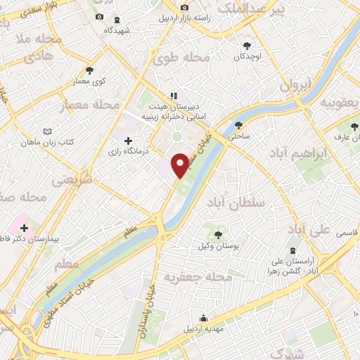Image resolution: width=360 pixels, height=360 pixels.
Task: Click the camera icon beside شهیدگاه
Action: (x=99, y=17)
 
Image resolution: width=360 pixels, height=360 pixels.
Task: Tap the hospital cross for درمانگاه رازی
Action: (x=128, y=141)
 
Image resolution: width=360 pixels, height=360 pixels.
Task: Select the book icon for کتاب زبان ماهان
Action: (x=47, y=131)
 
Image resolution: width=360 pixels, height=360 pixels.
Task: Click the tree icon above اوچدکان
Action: (x=246, y=44)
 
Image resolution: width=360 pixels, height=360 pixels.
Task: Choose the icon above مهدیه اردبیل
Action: (x=204, y=317)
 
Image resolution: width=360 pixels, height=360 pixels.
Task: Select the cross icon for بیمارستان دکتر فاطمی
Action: (x=25, y=228)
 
